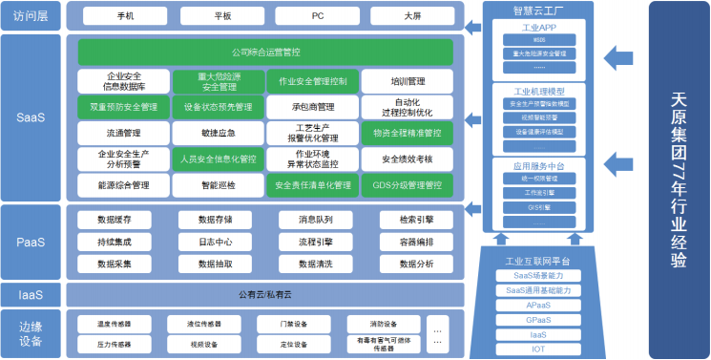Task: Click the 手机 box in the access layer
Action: [x=124, y=16]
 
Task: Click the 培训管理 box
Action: [x=408, y=81]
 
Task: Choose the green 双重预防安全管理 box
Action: [x=124, y=107]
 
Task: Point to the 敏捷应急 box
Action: [x=218, y=133]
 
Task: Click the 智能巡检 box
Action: [x=218, y=184]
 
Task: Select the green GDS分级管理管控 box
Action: [x=408, y=184]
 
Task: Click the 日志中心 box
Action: [x=218, y=243]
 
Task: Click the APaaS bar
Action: [x=538, y=306]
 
